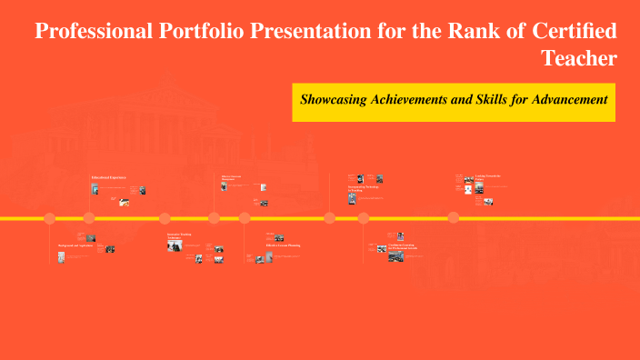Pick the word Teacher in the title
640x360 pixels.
pos(579,58)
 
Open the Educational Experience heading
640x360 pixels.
pos(108,176)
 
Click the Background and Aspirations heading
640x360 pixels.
pos(75,245)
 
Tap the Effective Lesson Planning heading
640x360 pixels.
pos(283,245)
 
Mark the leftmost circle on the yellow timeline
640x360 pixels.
pos(49,218)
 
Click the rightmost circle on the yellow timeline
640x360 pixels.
pos(453,218)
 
